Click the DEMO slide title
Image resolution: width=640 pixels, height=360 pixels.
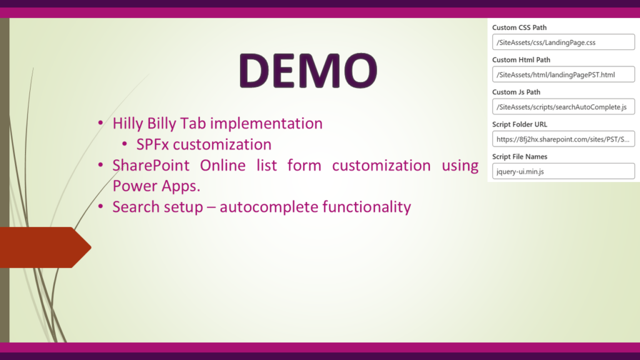click(x=308, y=70)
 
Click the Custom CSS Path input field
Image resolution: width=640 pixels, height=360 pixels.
click(x=563, y=42)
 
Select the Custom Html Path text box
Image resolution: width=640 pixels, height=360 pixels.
click(x=563, y=74)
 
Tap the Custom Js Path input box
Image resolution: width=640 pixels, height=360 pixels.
click(x=563, y=106)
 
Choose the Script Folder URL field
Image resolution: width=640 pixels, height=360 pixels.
click(x=563, y=139)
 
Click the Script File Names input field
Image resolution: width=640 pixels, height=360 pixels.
click(x=563, y=171)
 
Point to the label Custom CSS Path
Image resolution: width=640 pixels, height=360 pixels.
click(x=519, y=27)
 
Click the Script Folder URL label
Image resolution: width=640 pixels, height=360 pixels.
click(x=519, y=124)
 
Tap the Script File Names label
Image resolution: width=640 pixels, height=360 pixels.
click(x=519, y=156)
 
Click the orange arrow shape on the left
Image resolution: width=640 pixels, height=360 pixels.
click(x=45, y=247)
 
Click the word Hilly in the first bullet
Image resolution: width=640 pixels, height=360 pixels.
click(x=127, y=123)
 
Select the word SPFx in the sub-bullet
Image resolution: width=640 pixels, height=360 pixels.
click(x=152, y=144)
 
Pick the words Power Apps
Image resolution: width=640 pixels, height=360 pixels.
click(x=156, y=186)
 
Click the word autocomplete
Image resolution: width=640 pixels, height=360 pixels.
click(x=269, y=207)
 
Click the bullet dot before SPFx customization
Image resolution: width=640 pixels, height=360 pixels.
click(x=124, y=144)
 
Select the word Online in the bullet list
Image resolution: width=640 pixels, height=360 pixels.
click(x=222, y=165)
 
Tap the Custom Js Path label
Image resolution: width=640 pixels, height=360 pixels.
click(x=516, y=92)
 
